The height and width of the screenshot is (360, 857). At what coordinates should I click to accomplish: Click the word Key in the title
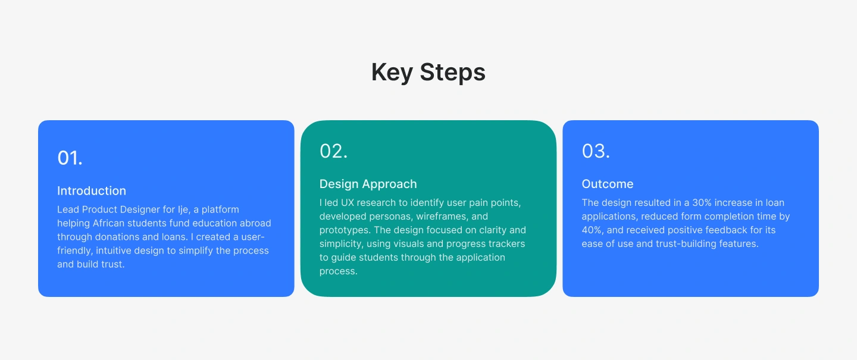click(392, 73)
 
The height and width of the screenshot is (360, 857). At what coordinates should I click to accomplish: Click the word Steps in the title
click(452, 73)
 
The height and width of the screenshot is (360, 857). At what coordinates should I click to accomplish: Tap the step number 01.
click(70, 158)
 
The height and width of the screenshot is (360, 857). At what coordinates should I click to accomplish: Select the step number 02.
click(334, 151)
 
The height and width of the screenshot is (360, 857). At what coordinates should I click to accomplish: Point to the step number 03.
click(596, 151)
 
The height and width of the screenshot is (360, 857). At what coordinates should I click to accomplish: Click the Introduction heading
click(92, 191)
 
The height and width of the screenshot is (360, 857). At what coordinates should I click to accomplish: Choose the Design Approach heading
click(368, 184)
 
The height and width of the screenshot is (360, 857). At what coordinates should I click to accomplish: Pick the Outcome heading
click(608, 184)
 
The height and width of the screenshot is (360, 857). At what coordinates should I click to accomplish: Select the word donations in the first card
click(117, 237)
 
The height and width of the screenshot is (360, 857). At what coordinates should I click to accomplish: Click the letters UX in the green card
click(348, 203)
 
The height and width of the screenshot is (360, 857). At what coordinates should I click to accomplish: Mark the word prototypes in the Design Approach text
click(345, 231)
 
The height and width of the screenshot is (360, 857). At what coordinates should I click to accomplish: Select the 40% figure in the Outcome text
click(592, 230)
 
